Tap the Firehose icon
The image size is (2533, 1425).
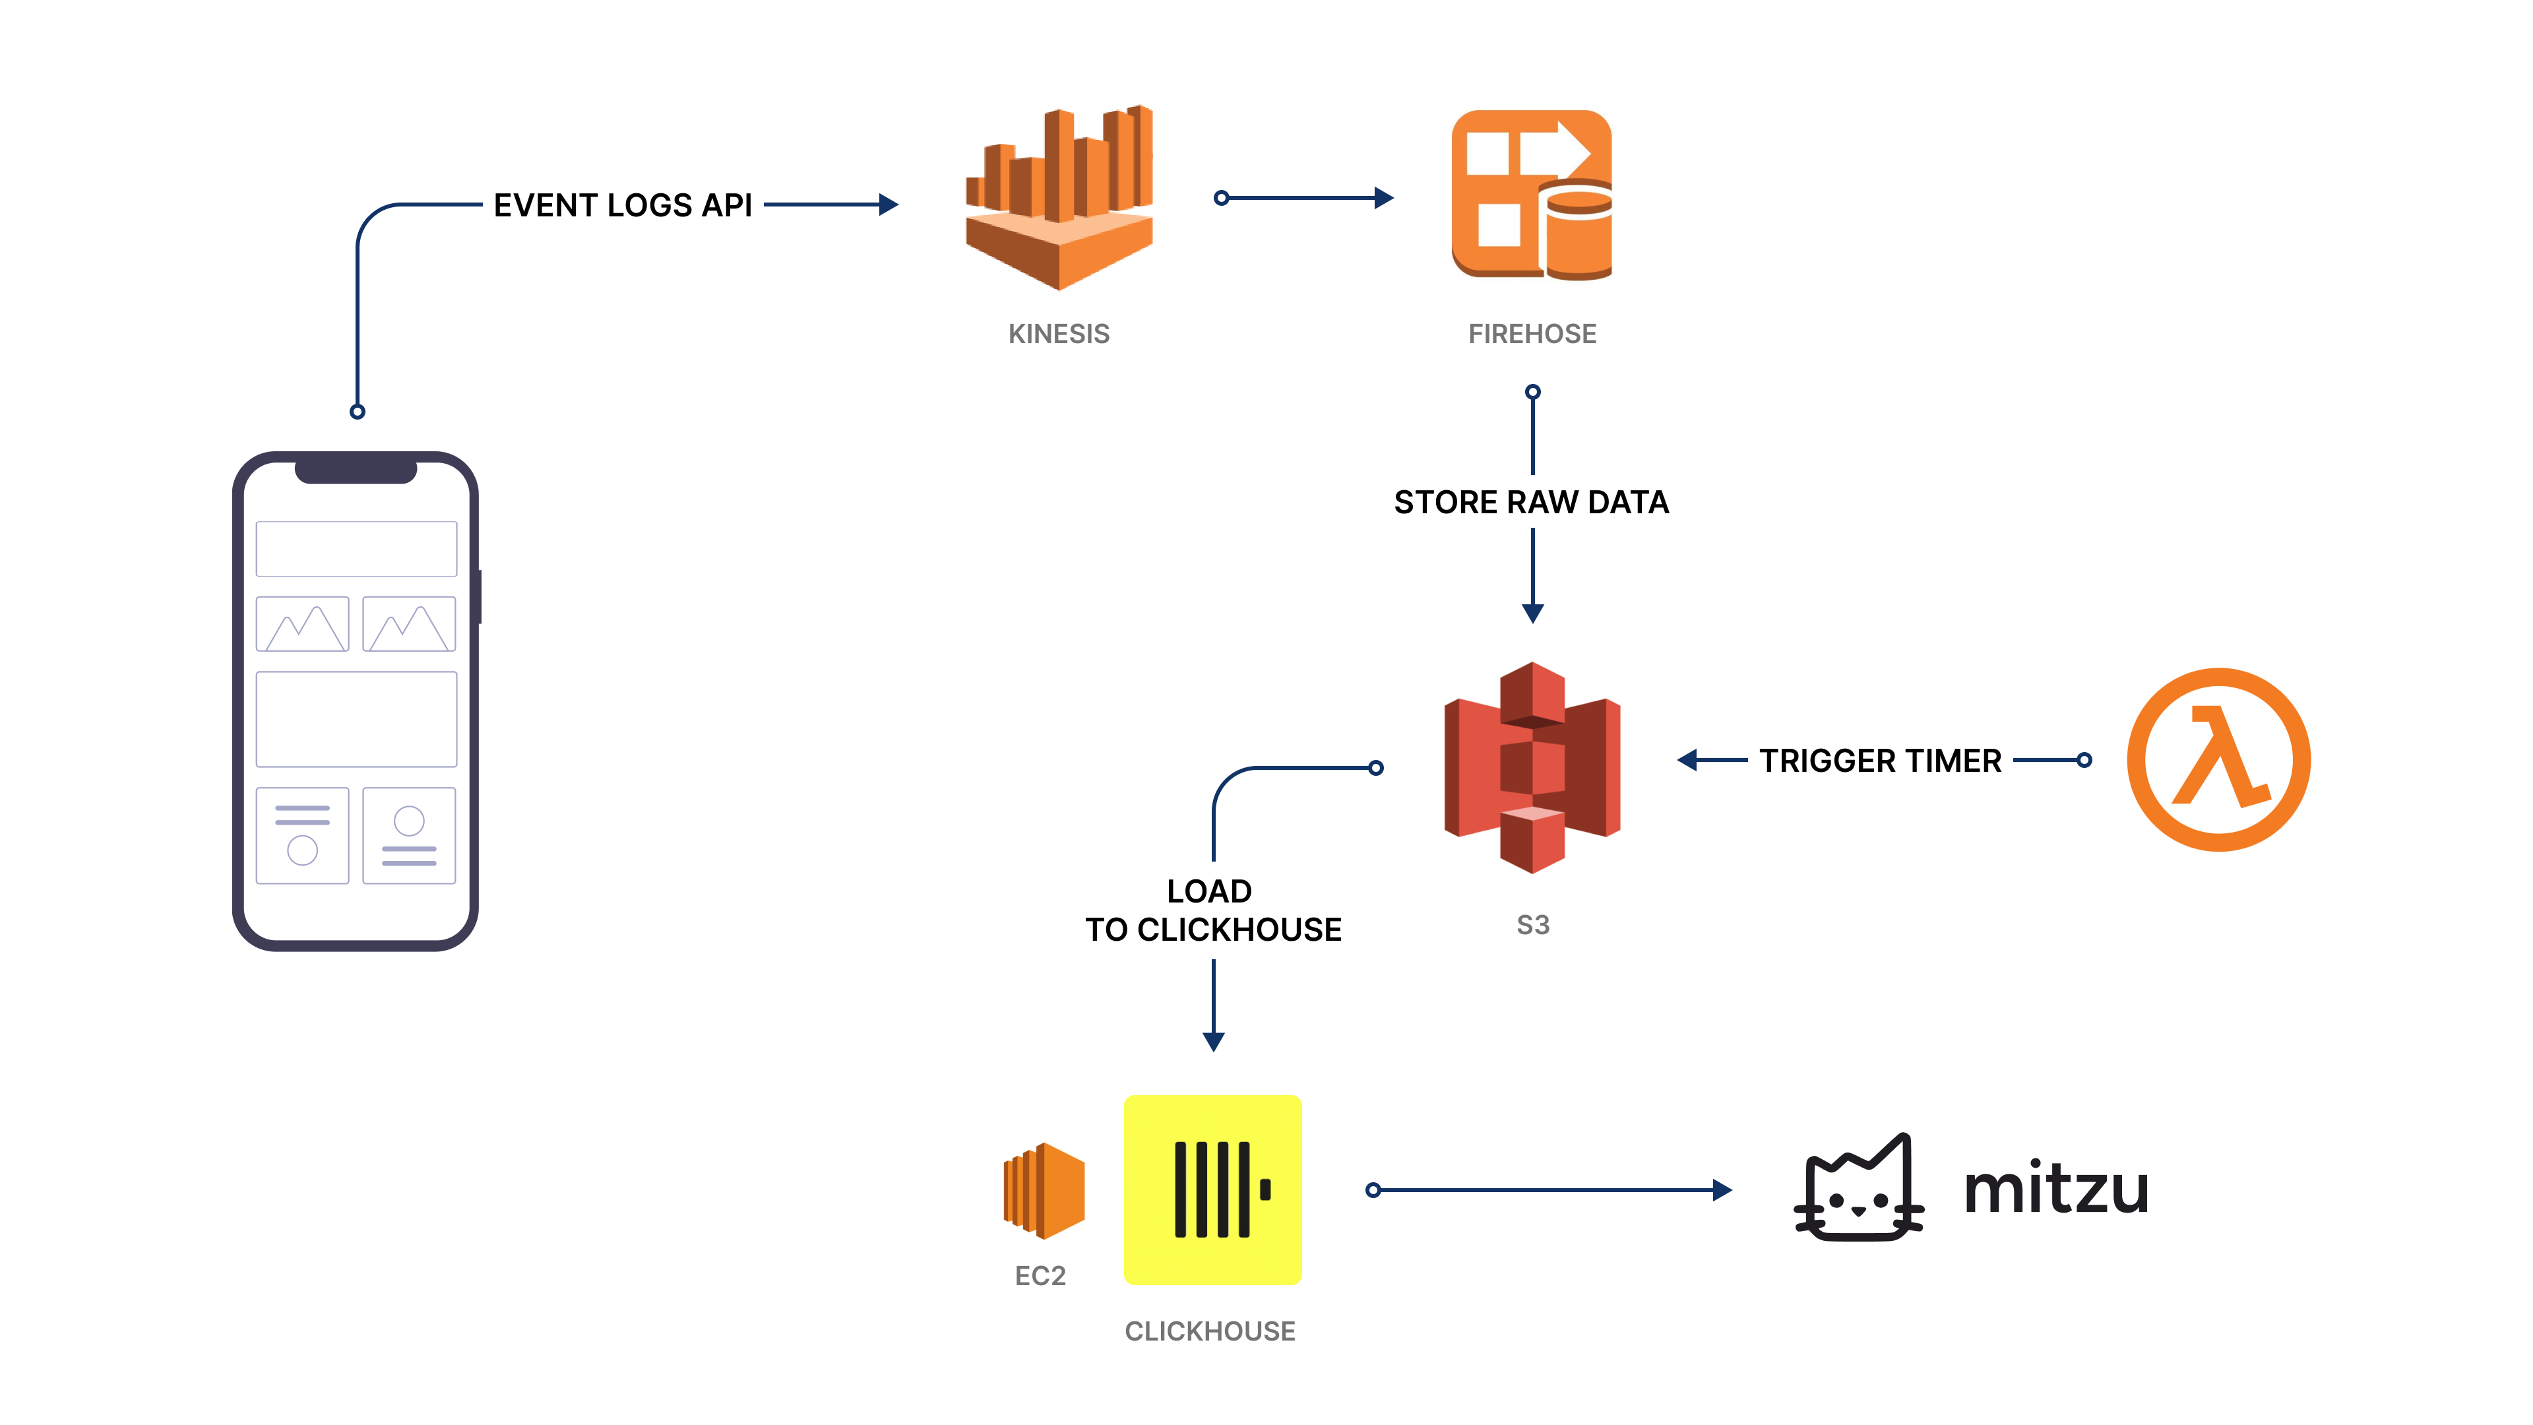click(1531, 195)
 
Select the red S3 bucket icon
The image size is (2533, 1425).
click(1532, 767)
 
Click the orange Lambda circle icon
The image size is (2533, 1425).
click(2218, 759)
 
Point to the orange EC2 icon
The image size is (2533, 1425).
click(1044, 1190)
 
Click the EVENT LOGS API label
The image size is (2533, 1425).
click(623, 206)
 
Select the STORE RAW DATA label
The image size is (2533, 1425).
click(1531, 503)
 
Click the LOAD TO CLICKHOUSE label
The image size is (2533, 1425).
click(1212, 910)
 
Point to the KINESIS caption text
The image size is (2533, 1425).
click(1058, 334)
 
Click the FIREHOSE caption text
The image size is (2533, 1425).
click(1532, 334)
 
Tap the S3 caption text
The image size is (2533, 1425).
click(1532, 926)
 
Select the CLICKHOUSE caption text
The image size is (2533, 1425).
click(1210, 1331)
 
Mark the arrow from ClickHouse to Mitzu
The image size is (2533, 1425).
click(1549, 1190)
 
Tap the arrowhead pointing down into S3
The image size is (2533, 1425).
click(1532, 614)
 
